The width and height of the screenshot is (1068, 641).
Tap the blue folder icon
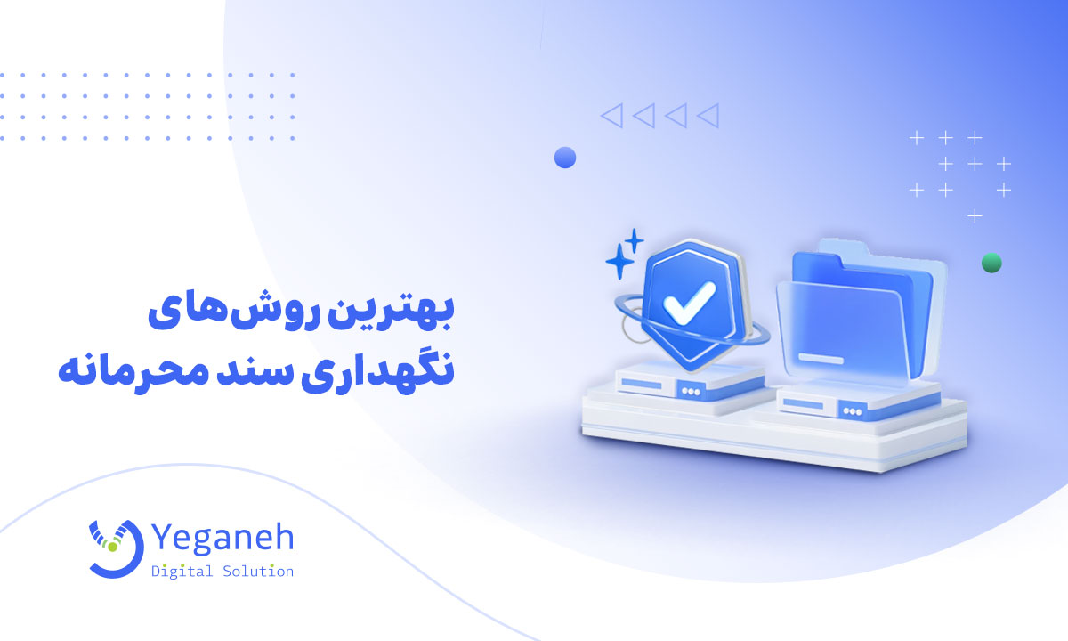(854, 312)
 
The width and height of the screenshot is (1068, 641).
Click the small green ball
(991, 263)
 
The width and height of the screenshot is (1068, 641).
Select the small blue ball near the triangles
(565, 158)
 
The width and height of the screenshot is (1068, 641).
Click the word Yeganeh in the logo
(222, 538)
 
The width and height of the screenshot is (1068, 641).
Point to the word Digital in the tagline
(182, 571)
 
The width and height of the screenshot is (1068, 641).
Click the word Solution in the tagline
(258, 571)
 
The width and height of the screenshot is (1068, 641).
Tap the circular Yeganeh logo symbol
(115, 546)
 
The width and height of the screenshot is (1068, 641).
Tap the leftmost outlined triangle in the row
(611, 115)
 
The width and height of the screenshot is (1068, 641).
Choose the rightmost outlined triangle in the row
(708, 115)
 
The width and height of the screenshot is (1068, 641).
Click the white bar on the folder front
(819, 358)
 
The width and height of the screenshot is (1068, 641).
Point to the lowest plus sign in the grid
(975, 215)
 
